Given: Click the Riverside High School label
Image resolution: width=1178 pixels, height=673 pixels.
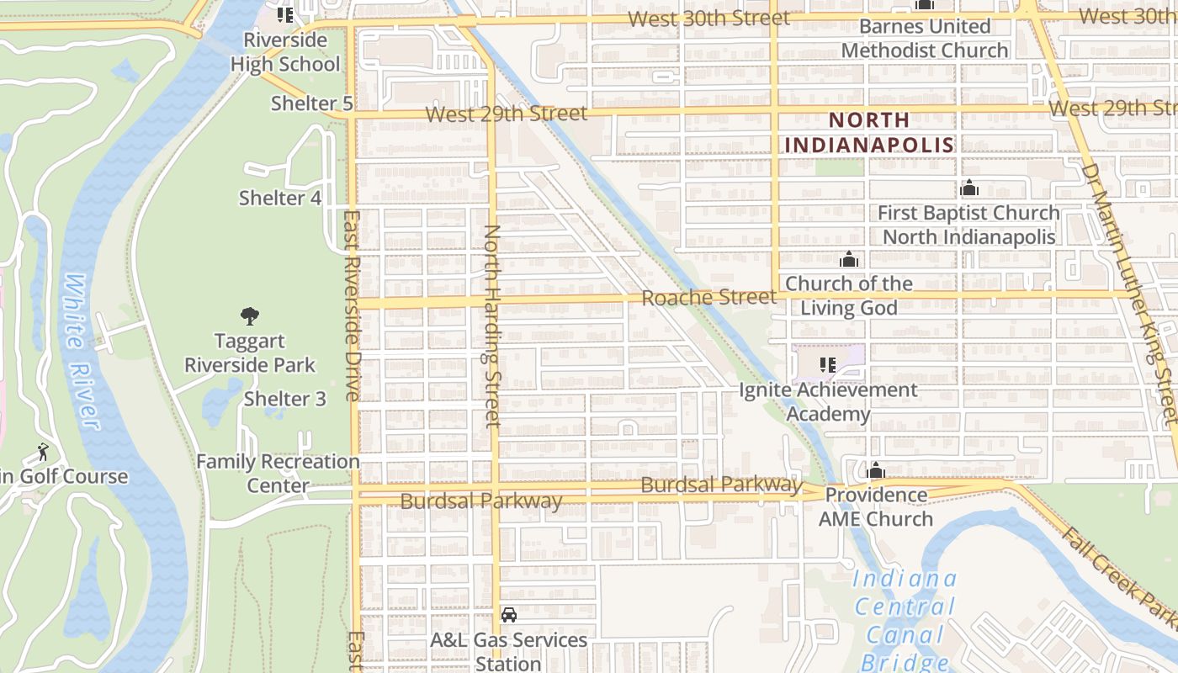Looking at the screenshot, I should tap(285, 52).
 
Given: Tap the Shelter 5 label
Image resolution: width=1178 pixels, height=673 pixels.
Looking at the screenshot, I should tap(311, 103).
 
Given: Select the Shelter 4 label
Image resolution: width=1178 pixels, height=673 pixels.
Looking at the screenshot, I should tap(280, 198).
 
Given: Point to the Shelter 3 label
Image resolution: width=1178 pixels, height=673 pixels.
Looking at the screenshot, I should tap(284, 399).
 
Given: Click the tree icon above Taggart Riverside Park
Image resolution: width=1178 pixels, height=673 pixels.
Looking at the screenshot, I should tap(249, 316).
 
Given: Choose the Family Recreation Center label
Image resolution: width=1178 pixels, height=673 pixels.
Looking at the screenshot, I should tap(278, 474).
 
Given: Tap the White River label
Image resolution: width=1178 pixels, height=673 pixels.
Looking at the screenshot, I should tap(81, 351).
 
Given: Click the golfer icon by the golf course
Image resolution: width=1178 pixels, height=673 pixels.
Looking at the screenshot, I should tap(42, 453).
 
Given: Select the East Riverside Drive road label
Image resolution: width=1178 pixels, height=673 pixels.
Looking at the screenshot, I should tap(353, 305).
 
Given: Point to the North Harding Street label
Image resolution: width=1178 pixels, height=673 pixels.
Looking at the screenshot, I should tap(493, 325).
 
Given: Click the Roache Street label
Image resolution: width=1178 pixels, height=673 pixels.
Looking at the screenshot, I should tap(708, 297).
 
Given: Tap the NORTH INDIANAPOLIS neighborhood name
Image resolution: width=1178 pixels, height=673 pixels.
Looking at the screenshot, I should tap(869, 132).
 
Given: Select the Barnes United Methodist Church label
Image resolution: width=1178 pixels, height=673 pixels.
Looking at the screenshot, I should tap(925, 39).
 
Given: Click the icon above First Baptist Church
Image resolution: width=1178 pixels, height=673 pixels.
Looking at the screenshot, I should tap(969, 188).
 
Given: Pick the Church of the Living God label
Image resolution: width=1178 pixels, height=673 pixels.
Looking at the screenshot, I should tap(848, 295).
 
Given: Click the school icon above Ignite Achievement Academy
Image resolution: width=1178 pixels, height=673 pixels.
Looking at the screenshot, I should tap(827, 365).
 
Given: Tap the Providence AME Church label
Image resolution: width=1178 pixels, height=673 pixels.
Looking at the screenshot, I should tap(876, 506).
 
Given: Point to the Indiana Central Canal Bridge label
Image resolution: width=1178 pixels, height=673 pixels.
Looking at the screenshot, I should tap(905, 619).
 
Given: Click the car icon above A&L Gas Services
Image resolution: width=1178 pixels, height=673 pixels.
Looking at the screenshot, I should tap(509, 615).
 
